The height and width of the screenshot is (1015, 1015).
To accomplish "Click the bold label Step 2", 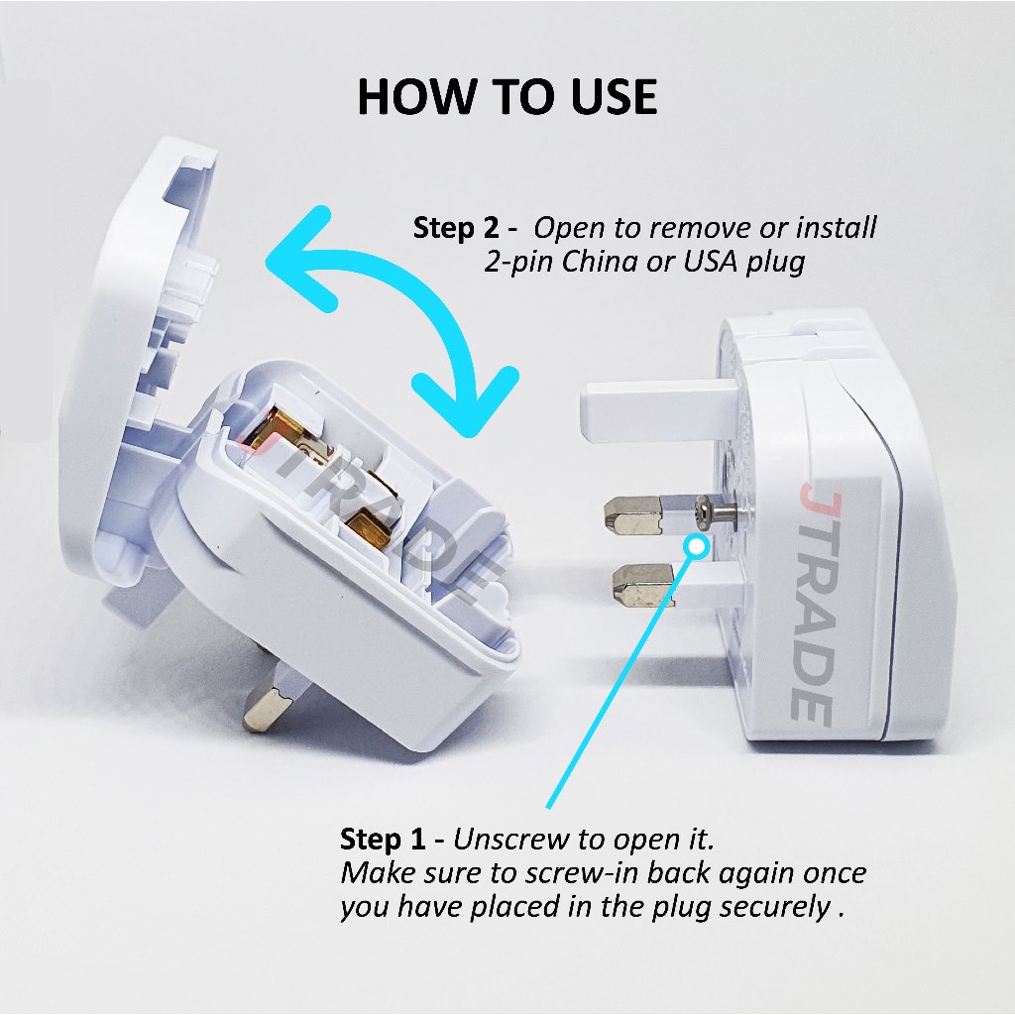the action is pyautogui.click(x=456, y=228).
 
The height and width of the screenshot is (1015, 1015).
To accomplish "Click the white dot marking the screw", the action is pyautogui.click(x=697, y=547).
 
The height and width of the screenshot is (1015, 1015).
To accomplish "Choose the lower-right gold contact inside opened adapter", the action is pyautogui.click(x=370, y=525).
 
